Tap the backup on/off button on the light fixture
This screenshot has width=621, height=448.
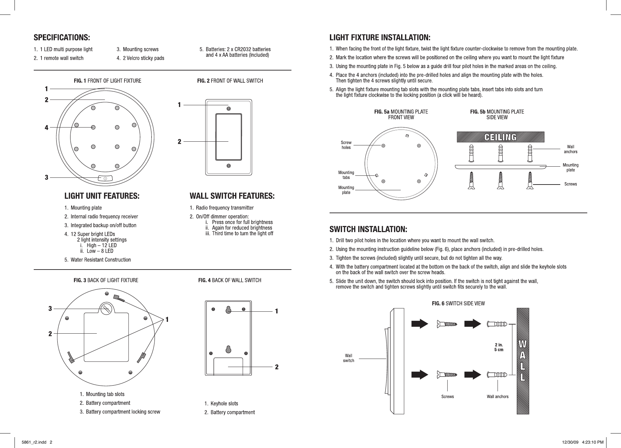105,178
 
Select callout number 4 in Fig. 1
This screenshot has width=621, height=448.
47,128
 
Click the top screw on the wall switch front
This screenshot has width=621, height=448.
229,109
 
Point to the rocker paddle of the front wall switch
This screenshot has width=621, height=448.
229,137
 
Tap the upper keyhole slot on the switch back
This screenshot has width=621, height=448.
228,310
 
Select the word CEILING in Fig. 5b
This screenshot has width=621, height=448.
500,137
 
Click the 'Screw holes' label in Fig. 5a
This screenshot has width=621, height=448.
346,145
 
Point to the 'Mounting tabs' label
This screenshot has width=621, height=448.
346,175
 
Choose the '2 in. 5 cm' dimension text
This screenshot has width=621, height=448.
499,347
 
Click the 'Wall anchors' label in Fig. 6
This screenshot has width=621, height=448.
498,396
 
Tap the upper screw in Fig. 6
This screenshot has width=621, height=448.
447,324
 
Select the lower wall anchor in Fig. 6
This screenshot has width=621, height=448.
497,374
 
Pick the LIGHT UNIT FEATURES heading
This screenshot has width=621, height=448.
102,196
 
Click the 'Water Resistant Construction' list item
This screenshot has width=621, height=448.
101,260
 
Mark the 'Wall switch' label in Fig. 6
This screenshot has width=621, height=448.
348,358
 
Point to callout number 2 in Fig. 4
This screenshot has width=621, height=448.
277,367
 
